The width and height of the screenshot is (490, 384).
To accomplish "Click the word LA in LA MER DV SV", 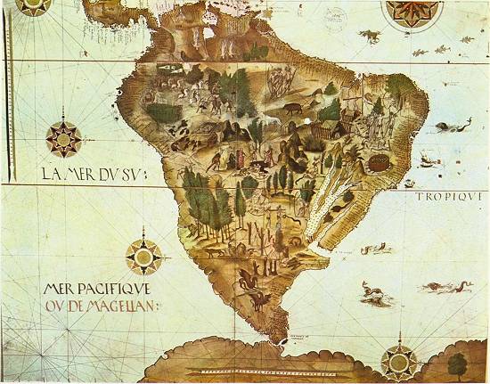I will [x=37, y=174].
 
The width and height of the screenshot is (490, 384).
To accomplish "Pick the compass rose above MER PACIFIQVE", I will [x=143, y=256].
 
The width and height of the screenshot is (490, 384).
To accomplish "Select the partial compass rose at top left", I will [x=34, y=7].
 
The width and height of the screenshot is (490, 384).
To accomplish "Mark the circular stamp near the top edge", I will [x=338, y=16].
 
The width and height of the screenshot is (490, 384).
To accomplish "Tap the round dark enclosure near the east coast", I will [x=379, y=163].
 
